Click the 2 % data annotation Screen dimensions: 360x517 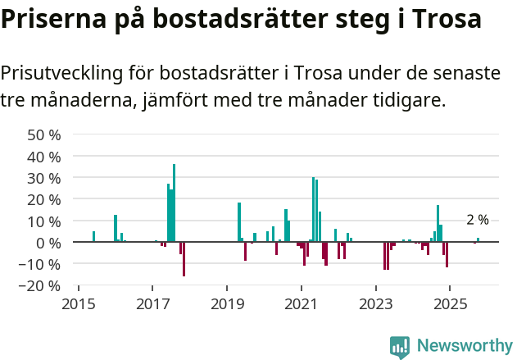(478, 220)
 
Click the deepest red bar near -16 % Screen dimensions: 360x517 (184, 259)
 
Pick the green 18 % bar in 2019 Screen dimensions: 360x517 (239, 222)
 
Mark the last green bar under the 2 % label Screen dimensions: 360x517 (478, 239)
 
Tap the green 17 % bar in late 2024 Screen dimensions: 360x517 (438, 224)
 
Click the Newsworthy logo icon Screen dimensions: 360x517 (400, 347)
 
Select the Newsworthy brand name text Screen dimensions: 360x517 (464, 347)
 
